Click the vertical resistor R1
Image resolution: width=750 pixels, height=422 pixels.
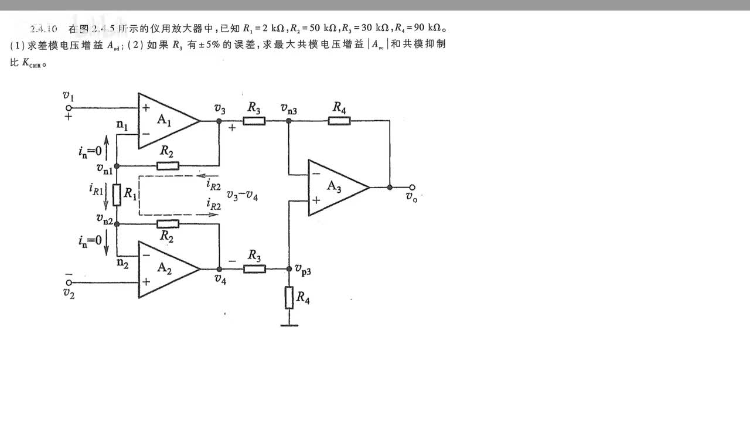117,195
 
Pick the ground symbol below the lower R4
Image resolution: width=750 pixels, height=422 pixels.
289,324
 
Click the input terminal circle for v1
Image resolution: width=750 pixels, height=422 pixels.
69,108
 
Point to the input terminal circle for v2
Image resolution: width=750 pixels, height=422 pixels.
69,282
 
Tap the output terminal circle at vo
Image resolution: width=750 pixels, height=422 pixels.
412,188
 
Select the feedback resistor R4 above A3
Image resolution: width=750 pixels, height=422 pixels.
339,121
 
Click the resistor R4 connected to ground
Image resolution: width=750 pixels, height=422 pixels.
289,298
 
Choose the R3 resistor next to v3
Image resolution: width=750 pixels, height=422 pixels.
254,121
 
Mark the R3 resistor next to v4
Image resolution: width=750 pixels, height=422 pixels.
254,268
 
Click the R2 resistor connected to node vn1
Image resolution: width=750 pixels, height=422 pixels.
168,166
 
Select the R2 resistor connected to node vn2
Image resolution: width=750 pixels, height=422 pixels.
168,224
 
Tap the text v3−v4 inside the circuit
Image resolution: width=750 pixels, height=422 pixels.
242,197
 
